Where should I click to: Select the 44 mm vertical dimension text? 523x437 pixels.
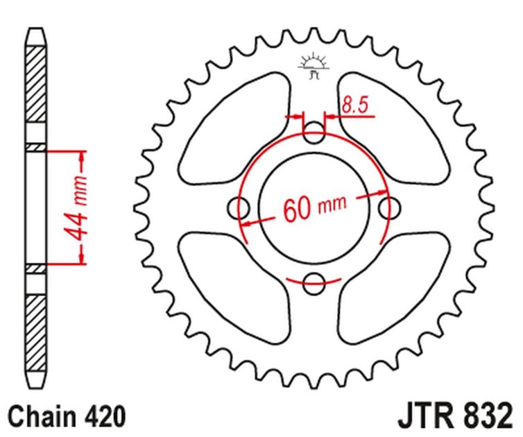click(x=81, y=207)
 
